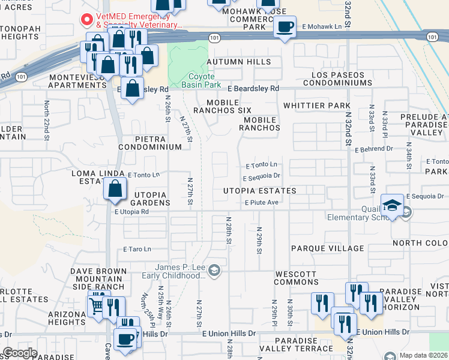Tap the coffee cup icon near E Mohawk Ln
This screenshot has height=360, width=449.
pos(285,27)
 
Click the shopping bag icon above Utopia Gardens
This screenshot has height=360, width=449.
pos(115,190)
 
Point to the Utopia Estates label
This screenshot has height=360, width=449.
pos(260,191)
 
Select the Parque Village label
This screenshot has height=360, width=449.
pos(327,248)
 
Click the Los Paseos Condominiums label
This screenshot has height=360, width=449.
pos(337,79)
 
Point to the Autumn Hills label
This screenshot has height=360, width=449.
pos(238,62)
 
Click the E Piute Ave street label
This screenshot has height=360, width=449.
pos(261,203)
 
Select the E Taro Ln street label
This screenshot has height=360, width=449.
pos(137,248)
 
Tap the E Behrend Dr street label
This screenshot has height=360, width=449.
pos(373,149)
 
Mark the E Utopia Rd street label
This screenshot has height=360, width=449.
pos(131,212)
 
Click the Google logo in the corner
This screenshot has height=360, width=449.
pos(20,352)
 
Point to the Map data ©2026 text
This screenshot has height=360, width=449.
pos(423,355)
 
